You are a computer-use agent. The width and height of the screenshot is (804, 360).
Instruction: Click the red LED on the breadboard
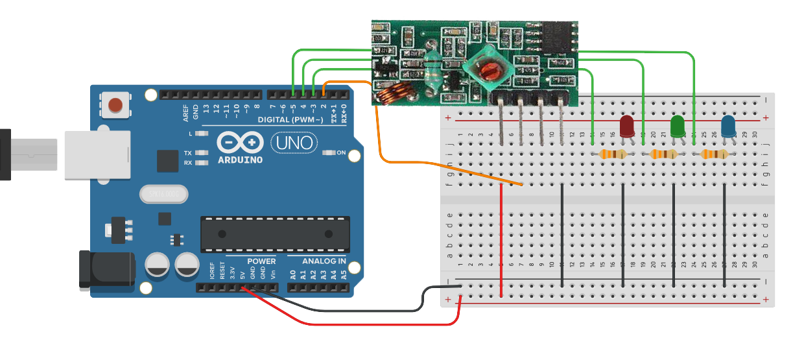click(627, 126)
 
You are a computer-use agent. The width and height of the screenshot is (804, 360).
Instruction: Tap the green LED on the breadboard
click(678, 126)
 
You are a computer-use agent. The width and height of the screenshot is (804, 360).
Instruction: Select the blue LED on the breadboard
click(728, 126)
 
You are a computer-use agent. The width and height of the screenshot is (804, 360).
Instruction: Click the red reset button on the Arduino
click(115, 104)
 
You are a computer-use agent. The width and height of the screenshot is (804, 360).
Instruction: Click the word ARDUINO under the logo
click(240, 159)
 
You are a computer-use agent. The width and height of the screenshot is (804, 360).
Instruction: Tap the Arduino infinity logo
click(240, 142)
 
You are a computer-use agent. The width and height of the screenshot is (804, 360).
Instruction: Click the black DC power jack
click(107, 270)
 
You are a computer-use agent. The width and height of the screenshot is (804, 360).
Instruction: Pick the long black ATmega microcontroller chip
click(275, 234)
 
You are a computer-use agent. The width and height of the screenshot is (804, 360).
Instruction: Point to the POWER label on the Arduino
click(261, 261)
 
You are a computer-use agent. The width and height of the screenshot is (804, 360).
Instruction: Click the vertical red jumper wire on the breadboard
click(502, 240)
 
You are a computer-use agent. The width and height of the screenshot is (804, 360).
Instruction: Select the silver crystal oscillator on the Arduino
click(163, 194)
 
